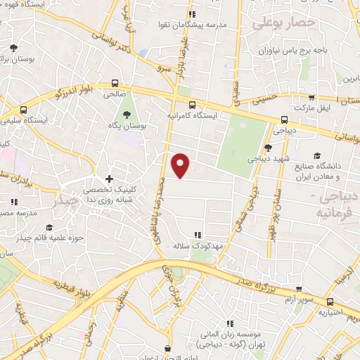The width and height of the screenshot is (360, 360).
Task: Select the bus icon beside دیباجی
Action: (x=284, y=120)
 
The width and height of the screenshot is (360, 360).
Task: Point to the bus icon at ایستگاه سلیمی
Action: (x=24, y=110)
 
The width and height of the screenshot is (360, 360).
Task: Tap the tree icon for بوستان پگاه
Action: (x=127, y=114)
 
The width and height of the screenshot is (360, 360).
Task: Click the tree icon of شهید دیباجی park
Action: (x=268, y=147)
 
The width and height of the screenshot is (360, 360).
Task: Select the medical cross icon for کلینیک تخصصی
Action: (x=108, y=179)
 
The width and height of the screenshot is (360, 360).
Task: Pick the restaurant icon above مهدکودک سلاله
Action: (x=198, y=235)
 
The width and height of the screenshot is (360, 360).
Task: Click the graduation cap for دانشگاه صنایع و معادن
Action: (x=317, y=155)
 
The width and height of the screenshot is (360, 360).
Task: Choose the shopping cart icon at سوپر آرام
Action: (x=300, y=288)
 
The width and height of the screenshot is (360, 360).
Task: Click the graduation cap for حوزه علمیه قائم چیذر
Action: (x=49, y=226)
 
